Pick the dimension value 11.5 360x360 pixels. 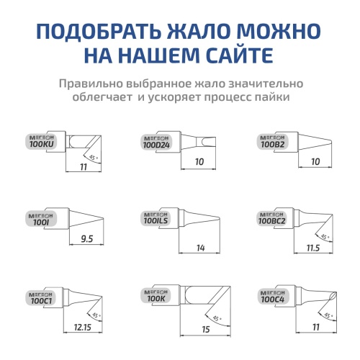click(x=312, y=248)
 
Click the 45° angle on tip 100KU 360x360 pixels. click(x=92, y=156)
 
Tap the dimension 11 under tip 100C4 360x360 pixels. click(x=315, y=327)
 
